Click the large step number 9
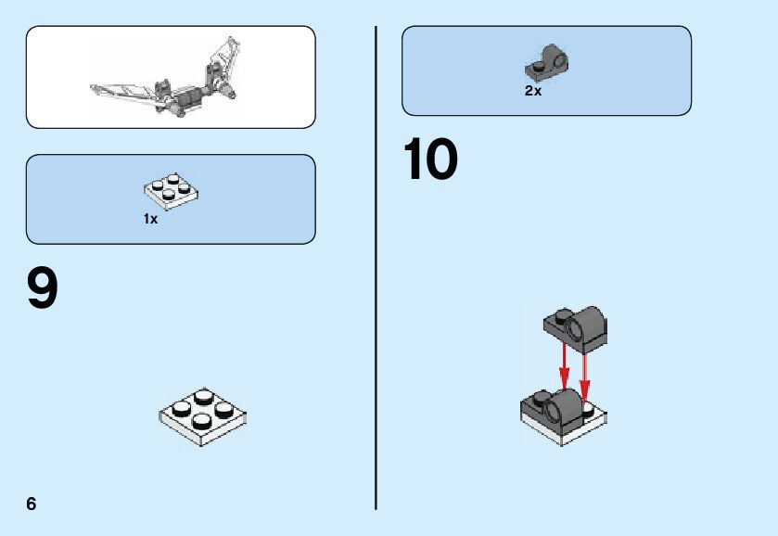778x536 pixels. (x=43, y=289)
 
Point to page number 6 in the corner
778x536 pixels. (x=32, y=504)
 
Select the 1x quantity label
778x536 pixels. (x=150, y=220)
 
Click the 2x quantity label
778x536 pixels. (x=533, y=91)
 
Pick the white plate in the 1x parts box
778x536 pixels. (x=172, y=190)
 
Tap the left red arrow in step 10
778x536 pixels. (x=563, y=365)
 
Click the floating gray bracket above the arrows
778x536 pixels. (x=575, y=329)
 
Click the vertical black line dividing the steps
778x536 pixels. (x=376, y=269)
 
